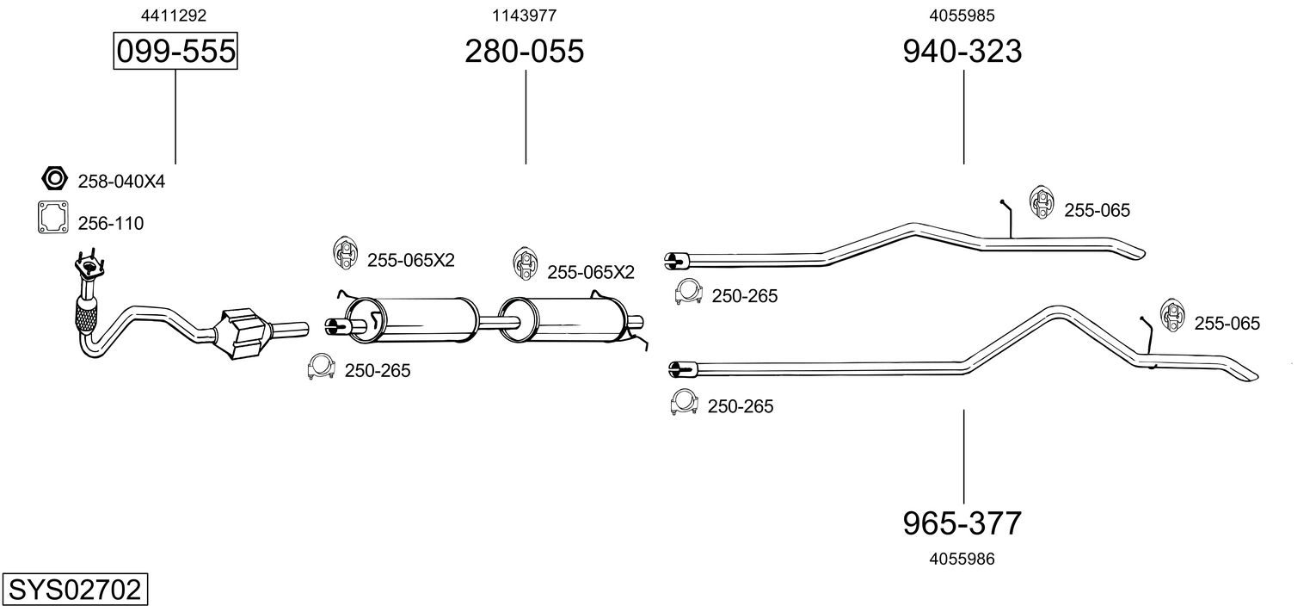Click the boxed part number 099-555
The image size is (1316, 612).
(x=175, y=52)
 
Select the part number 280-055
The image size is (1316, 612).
(x=524, y=52)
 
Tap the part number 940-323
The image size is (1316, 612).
(x=962, y=52)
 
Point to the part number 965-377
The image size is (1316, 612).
(x=962, y=522)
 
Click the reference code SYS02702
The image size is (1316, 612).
(x=74, y=590)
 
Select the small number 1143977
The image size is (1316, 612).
(x=524, y=15)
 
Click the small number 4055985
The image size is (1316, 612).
(x=962, y=15)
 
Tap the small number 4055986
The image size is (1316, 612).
(x=962, y=559)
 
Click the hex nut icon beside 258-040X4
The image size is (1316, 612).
(x=54, y=179)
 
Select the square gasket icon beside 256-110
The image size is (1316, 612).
(x=52, y=218)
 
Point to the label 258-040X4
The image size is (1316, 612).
(x=121, y=182)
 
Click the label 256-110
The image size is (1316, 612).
(x=111, y=224)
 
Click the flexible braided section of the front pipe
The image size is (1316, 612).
(x=88, y=317)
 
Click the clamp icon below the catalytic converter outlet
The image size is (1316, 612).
(x=320, y=368)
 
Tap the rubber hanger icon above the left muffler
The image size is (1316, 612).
(x=345, y=252)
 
